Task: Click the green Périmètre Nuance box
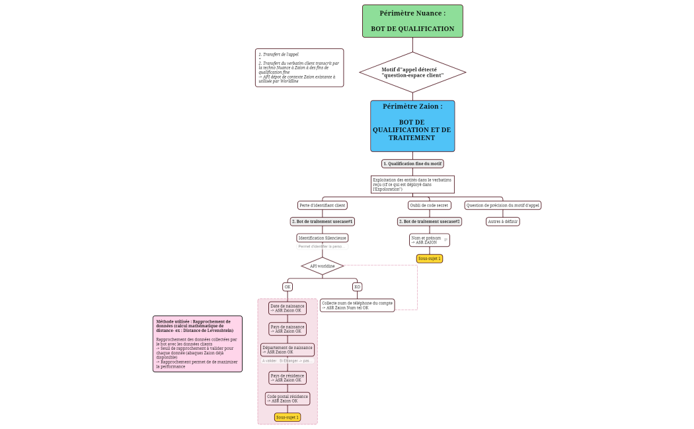(412, 21)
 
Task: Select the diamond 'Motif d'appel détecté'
(412, 72)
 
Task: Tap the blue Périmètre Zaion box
(412, 126)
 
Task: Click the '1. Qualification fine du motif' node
(412, 164)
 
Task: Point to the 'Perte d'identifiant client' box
(323, 205)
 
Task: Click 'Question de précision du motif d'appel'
(503, 205)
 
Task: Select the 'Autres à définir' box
(503, 222)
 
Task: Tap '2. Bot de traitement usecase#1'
(323, 222)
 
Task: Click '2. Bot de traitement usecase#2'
(429, 222)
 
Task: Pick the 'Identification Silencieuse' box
(323, 238)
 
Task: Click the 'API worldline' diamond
(323, 266)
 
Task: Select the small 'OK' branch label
(288, 287)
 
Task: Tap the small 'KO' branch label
(357, 287)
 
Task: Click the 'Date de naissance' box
(288, 308)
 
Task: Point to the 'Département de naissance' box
(288, 350)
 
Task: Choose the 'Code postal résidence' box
(288, 399)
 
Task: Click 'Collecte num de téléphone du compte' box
(357, 305)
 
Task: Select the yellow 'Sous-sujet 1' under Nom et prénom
(429, 259)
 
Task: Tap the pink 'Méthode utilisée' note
(197, 343)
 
